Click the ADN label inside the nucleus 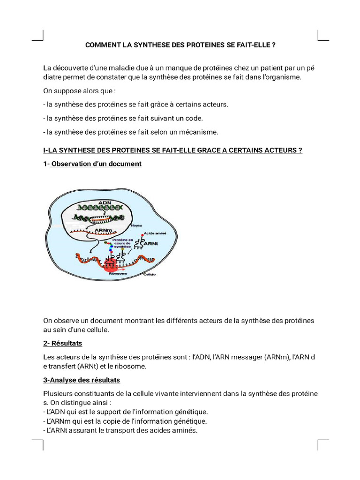coord(105,202)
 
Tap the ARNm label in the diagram coord(103,230)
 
